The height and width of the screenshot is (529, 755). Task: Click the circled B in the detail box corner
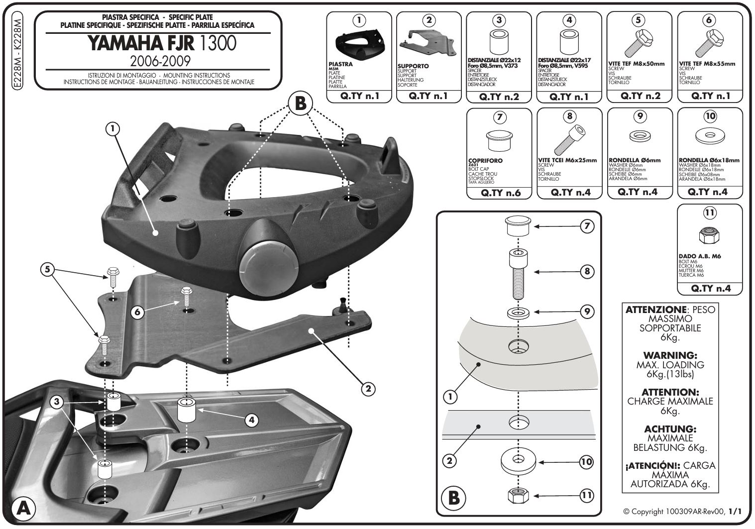coord(453,498)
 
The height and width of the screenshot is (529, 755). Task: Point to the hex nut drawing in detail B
coord(518,496)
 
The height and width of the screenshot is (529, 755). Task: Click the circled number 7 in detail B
coord(587,226)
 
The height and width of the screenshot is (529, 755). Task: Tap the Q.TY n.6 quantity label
coord(500,193)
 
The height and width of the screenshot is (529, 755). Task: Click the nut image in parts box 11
coord(709,235)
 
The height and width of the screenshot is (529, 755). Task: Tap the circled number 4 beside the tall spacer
coord(252,420)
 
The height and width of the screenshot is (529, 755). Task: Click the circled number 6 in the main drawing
coord(139,312)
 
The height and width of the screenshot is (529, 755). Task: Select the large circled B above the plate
coord(300,104)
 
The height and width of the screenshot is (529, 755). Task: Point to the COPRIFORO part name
coord(485,161)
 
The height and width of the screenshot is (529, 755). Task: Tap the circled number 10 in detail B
coord(587,462)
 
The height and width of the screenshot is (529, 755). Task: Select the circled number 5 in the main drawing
coord(47,270)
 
